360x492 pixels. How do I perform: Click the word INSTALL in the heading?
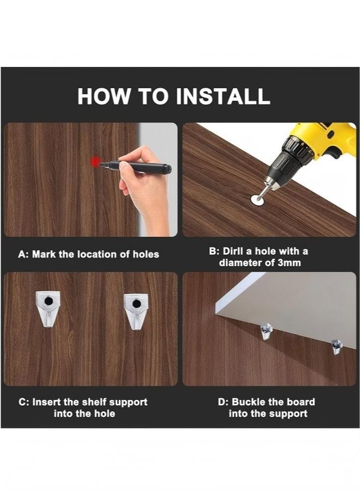[x=223, y=96]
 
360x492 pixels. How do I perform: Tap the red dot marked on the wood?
[x=95, y=162]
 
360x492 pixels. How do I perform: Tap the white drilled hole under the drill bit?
[x=258, y=199]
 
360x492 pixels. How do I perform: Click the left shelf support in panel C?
[x=48, y=309]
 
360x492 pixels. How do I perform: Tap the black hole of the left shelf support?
[x=48, y=301]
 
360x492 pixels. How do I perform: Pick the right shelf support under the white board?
[x=337, y=347]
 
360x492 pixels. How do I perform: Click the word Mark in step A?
[x=44, y=254]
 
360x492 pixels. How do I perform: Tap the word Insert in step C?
[x=46, y=402]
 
